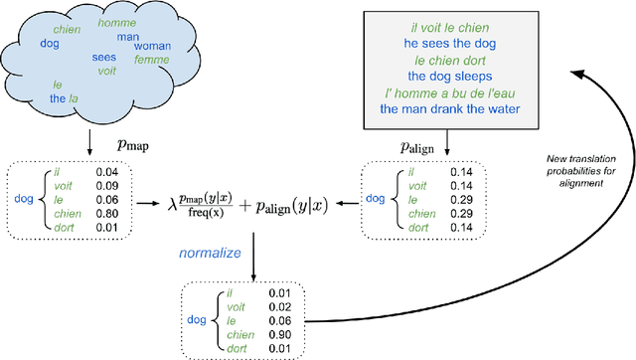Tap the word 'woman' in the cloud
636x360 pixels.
(153, 47)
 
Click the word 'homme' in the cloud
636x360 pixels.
(118, 23)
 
